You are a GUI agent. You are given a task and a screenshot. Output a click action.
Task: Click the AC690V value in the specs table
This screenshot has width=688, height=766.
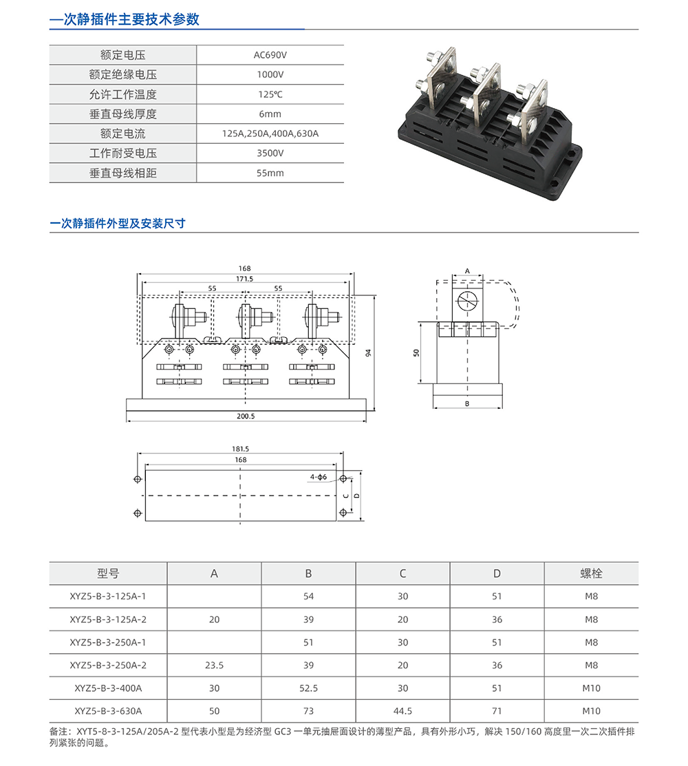pyautogui.click(x=270, y=55)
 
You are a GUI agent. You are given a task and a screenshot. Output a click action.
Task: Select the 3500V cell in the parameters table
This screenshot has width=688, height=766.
pyautogui.click(x=270, y=153)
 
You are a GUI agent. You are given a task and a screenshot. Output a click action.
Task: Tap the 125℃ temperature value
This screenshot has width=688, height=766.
pyautogui.click(x=270, y=94)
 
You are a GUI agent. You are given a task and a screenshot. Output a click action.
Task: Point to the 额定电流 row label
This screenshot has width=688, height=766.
pyautogui.click(x=122, y=134)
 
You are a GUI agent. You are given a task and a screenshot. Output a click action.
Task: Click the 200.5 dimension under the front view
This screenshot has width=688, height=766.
pyautogui.click(x=245, y=416)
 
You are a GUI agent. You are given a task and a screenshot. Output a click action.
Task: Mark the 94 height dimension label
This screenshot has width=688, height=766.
pyautogui.click(x=369, y=353)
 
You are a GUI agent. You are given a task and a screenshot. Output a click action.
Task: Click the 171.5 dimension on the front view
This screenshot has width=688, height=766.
pyautogui.click(x=245, y=279)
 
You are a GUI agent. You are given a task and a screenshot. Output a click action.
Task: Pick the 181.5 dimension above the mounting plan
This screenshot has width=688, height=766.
pyautogui.click(x=241, y=449)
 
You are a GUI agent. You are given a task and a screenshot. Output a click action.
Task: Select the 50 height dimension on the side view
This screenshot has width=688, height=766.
pyautogui.click(x=416, y=352)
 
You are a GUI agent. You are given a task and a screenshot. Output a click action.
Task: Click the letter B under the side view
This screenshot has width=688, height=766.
pyautogui.click(x=467, y=404)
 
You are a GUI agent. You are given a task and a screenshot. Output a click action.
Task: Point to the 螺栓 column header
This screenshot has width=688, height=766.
pyautogui.click(x=591, y=573)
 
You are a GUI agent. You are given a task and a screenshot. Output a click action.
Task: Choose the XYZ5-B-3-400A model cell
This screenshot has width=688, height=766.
pyautogui.click(x=108, y=688)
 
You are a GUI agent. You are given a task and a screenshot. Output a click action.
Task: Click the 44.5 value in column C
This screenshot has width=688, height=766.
pyautogui.click(x=402, y=711)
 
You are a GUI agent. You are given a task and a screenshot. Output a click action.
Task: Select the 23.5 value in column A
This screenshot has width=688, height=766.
pyautogui.click(x=214, y=666)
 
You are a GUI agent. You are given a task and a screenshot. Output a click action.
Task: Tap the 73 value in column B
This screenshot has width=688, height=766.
pyautogui.click(x=308, y=711)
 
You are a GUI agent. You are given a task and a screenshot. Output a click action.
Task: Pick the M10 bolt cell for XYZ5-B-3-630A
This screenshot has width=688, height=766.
pyautogui.click(x=591, y=711)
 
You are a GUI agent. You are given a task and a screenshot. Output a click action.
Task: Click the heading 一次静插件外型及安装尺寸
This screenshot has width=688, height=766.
pyautogui.click(x=118, y=224)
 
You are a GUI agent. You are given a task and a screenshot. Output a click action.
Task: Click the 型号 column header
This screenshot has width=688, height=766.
pyautogui.click(x=108, y=573)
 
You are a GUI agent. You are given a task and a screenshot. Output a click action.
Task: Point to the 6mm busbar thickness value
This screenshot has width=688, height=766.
pyautogui.click(x=270, y=114)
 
